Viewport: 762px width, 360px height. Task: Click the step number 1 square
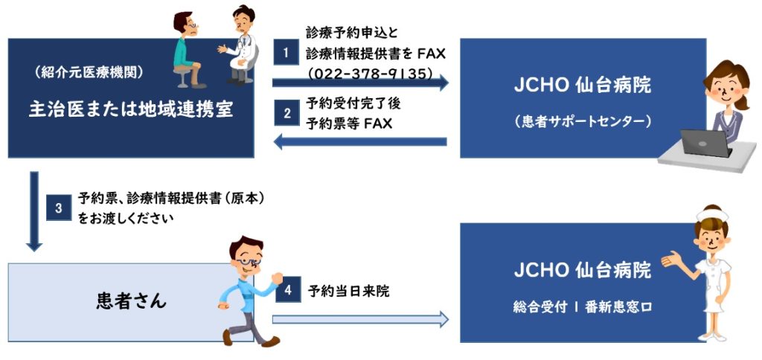tap(286, 52)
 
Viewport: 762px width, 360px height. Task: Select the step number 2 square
tap(286, 113)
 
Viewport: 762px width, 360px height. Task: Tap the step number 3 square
tap(59, 208)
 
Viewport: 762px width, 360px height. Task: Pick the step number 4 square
tap(288, 290)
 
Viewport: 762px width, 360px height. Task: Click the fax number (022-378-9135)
tap(371, 74)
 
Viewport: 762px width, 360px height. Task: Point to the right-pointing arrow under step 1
tap(360, 83)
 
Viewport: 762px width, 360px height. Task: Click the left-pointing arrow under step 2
tap(360, 142)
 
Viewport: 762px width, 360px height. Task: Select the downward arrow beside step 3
tap(34, 211)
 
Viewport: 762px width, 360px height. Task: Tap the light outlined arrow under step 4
tap(360, 319)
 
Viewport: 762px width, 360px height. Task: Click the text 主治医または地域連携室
tap(131, 109)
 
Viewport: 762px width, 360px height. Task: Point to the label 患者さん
tap(131, 302)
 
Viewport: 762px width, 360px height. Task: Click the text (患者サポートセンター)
tap(582, 121)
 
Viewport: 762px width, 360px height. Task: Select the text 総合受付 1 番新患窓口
tap(582, 307)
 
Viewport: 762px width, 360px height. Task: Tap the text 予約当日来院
tap(348, 291)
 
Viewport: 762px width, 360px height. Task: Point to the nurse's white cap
tap(712, 213)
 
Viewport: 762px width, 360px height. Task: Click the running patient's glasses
tap(249, 261)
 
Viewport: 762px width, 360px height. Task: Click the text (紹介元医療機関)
tap(89, 72)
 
